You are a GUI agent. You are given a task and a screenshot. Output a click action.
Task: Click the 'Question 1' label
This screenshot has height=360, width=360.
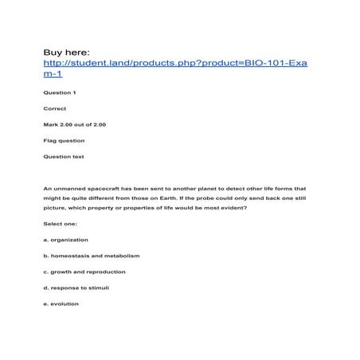pos(60,93)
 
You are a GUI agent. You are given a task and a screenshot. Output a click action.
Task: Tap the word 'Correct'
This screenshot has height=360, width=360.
pos(55,108)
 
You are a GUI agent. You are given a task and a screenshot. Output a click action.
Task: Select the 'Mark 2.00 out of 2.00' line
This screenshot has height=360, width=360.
pos(74,124)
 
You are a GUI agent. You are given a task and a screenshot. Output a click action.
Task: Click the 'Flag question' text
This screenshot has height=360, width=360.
pos(64,140)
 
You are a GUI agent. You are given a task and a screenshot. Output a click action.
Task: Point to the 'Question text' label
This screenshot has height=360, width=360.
pos(64,156)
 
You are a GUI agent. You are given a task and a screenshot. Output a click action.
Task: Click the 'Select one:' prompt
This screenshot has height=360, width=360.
pos(60,224)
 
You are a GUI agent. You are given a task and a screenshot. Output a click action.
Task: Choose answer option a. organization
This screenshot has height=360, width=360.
pos(65,240)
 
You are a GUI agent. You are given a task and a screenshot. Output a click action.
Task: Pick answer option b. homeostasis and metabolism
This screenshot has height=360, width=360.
pos(91,256)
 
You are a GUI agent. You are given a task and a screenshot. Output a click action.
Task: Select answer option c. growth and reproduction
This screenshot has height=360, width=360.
pos(84,272)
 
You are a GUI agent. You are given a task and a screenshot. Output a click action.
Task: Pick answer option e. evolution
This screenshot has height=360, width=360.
pos(61,303)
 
